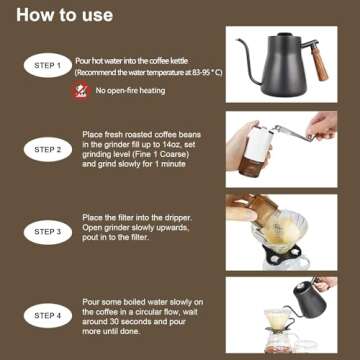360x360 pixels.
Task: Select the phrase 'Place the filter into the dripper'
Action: click(x=148, y=217)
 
